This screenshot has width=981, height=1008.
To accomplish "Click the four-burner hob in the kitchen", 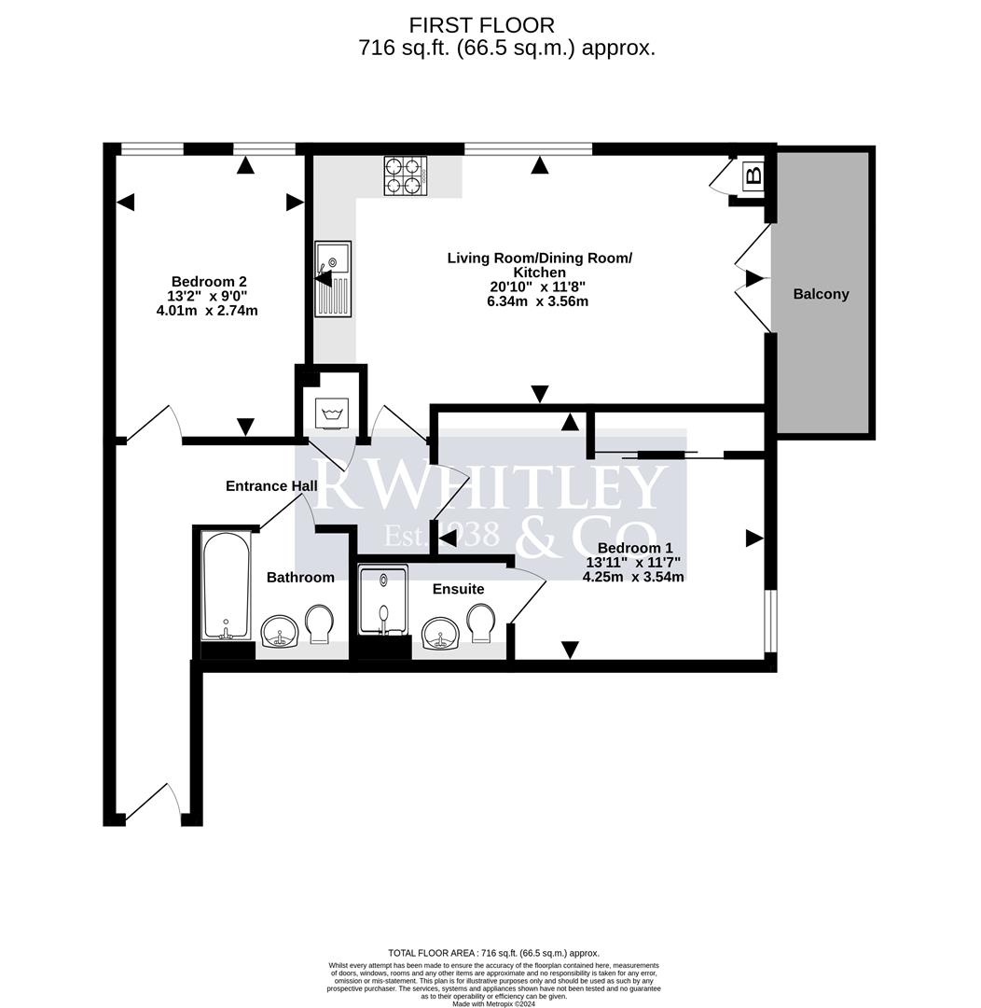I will coord(405,175).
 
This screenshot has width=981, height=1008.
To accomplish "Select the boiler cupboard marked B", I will coord(753,175).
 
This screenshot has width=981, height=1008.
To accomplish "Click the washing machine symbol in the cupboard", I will coord(331,411).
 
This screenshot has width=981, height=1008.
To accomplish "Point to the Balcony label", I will coord(821,294).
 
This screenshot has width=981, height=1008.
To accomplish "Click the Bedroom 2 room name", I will coord(209,281).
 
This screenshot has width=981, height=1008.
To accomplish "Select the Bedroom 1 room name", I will coord(635,548).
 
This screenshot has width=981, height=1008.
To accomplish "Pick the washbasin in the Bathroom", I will coord(279,632).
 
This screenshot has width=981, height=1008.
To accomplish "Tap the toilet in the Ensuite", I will coord(482,623).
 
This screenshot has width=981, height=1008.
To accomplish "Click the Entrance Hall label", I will coord(271,485).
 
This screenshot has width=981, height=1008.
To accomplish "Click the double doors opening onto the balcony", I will coord(752,278).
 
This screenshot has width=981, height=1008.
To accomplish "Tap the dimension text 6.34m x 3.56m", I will coord(539,301).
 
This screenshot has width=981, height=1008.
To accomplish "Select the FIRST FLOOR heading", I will coord(481,25).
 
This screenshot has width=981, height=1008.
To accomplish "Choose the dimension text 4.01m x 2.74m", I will coord(207,310).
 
